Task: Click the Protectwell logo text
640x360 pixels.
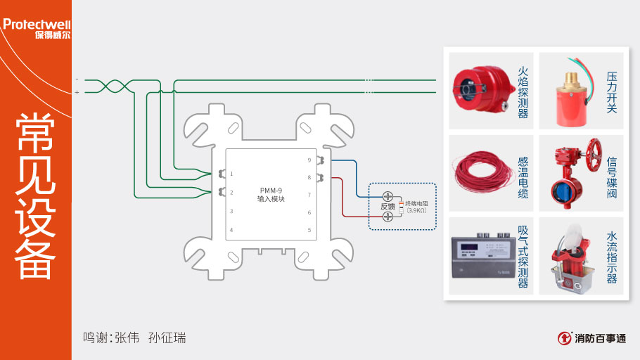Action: tap(36, 24)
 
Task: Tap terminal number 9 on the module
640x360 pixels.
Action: tap(309, 160)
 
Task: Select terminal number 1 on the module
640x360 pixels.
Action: tap(231, 174)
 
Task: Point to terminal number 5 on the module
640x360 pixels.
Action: tap(309, 230)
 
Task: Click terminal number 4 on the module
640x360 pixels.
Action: tap(231, 230)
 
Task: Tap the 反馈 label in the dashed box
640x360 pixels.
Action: tap(388, 207)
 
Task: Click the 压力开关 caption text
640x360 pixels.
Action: tap(612, 91)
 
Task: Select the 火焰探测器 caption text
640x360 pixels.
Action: tap(523, 91)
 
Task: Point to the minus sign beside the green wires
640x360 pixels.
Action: tap(77, 80)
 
